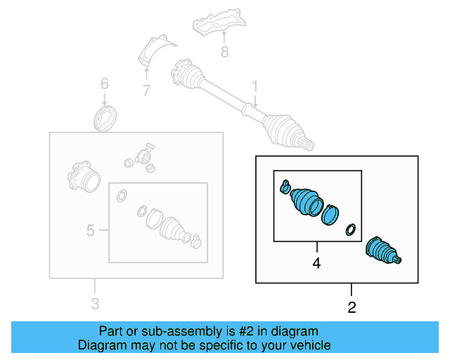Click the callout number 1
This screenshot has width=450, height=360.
(255, 86)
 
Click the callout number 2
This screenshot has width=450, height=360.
(352, 307)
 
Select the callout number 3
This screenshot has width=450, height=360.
(95, 304)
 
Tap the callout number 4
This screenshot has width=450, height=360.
(316, 264)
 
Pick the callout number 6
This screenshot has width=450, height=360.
(104, 84)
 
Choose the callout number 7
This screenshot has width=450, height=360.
(146, 90)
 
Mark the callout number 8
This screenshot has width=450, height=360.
(224, 51)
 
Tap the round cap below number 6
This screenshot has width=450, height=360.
(105, 118)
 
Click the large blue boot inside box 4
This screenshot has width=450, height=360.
(306, 200)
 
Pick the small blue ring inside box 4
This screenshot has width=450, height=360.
(349, 229)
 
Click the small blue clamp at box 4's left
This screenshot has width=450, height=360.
(284, 186)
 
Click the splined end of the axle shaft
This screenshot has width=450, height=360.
(307, 145)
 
